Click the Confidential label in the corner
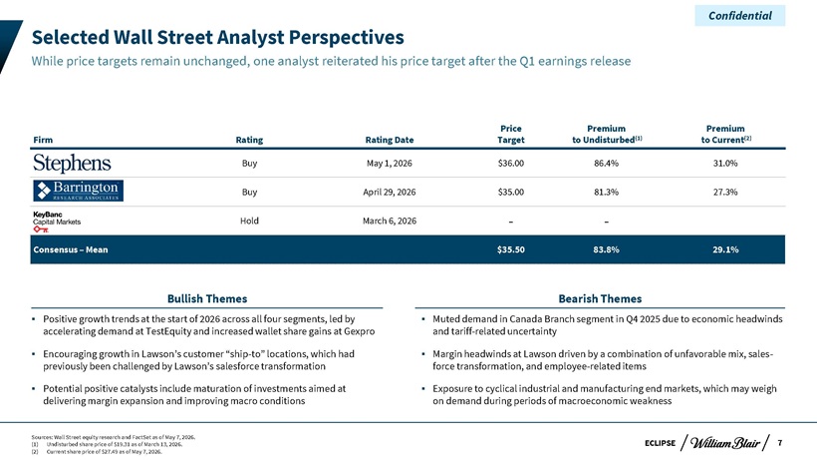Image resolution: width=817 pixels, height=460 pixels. (x=740, y=16)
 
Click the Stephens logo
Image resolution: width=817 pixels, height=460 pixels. (x=72, y=164)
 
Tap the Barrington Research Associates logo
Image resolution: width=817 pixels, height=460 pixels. (x=78, y=191)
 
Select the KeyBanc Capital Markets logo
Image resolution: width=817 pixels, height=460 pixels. (x=57, y=222)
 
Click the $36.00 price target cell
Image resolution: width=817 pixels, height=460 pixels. (x=510, y=164)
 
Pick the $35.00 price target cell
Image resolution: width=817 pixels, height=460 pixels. (x=510, y=192)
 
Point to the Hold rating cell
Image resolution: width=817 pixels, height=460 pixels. (x=249, y=221)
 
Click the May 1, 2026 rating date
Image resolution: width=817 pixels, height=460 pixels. (x=390, y=164)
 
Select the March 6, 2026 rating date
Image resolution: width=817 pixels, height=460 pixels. (x=390, y=221)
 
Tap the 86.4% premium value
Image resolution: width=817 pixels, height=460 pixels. (x=606, y=164)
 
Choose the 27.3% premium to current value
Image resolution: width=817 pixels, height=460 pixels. (x=725, y=192)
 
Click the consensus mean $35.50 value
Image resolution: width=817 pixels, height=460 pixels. (x=510, y=249)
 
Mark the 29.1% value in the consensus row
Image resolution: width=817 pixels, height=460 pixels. (x=725, y=249)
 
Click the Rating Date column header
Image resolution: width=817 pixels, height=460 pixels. (x=390, y=140)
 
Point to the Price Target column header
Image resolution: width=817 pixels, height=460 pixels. (x=510, y=134)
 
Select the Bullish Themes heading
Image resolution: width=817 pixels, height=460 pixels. (x=207, y=298)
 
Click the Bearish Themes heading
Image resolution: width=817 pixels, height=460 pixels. (x=600, y=298)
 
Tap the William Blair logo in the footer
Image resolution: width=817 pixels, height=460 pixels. (x=724, y=443)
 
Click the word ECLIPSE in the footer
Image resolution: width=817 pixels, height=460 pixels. (x=660, y=443)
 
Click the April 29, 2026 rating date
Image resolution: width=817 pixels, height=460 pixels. (x=390, y=192)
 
